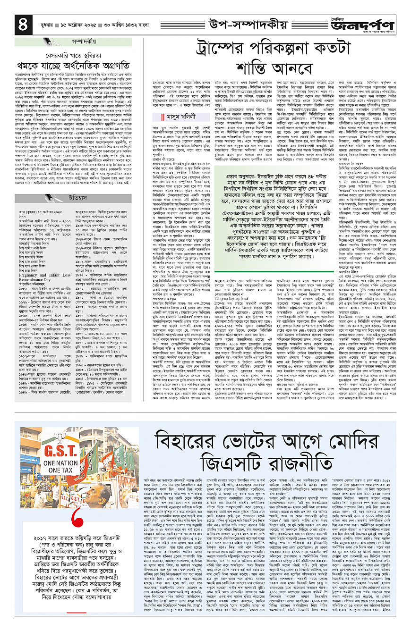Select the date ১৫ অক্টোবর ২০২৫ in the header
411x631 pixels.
click(x=76, y=24)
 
